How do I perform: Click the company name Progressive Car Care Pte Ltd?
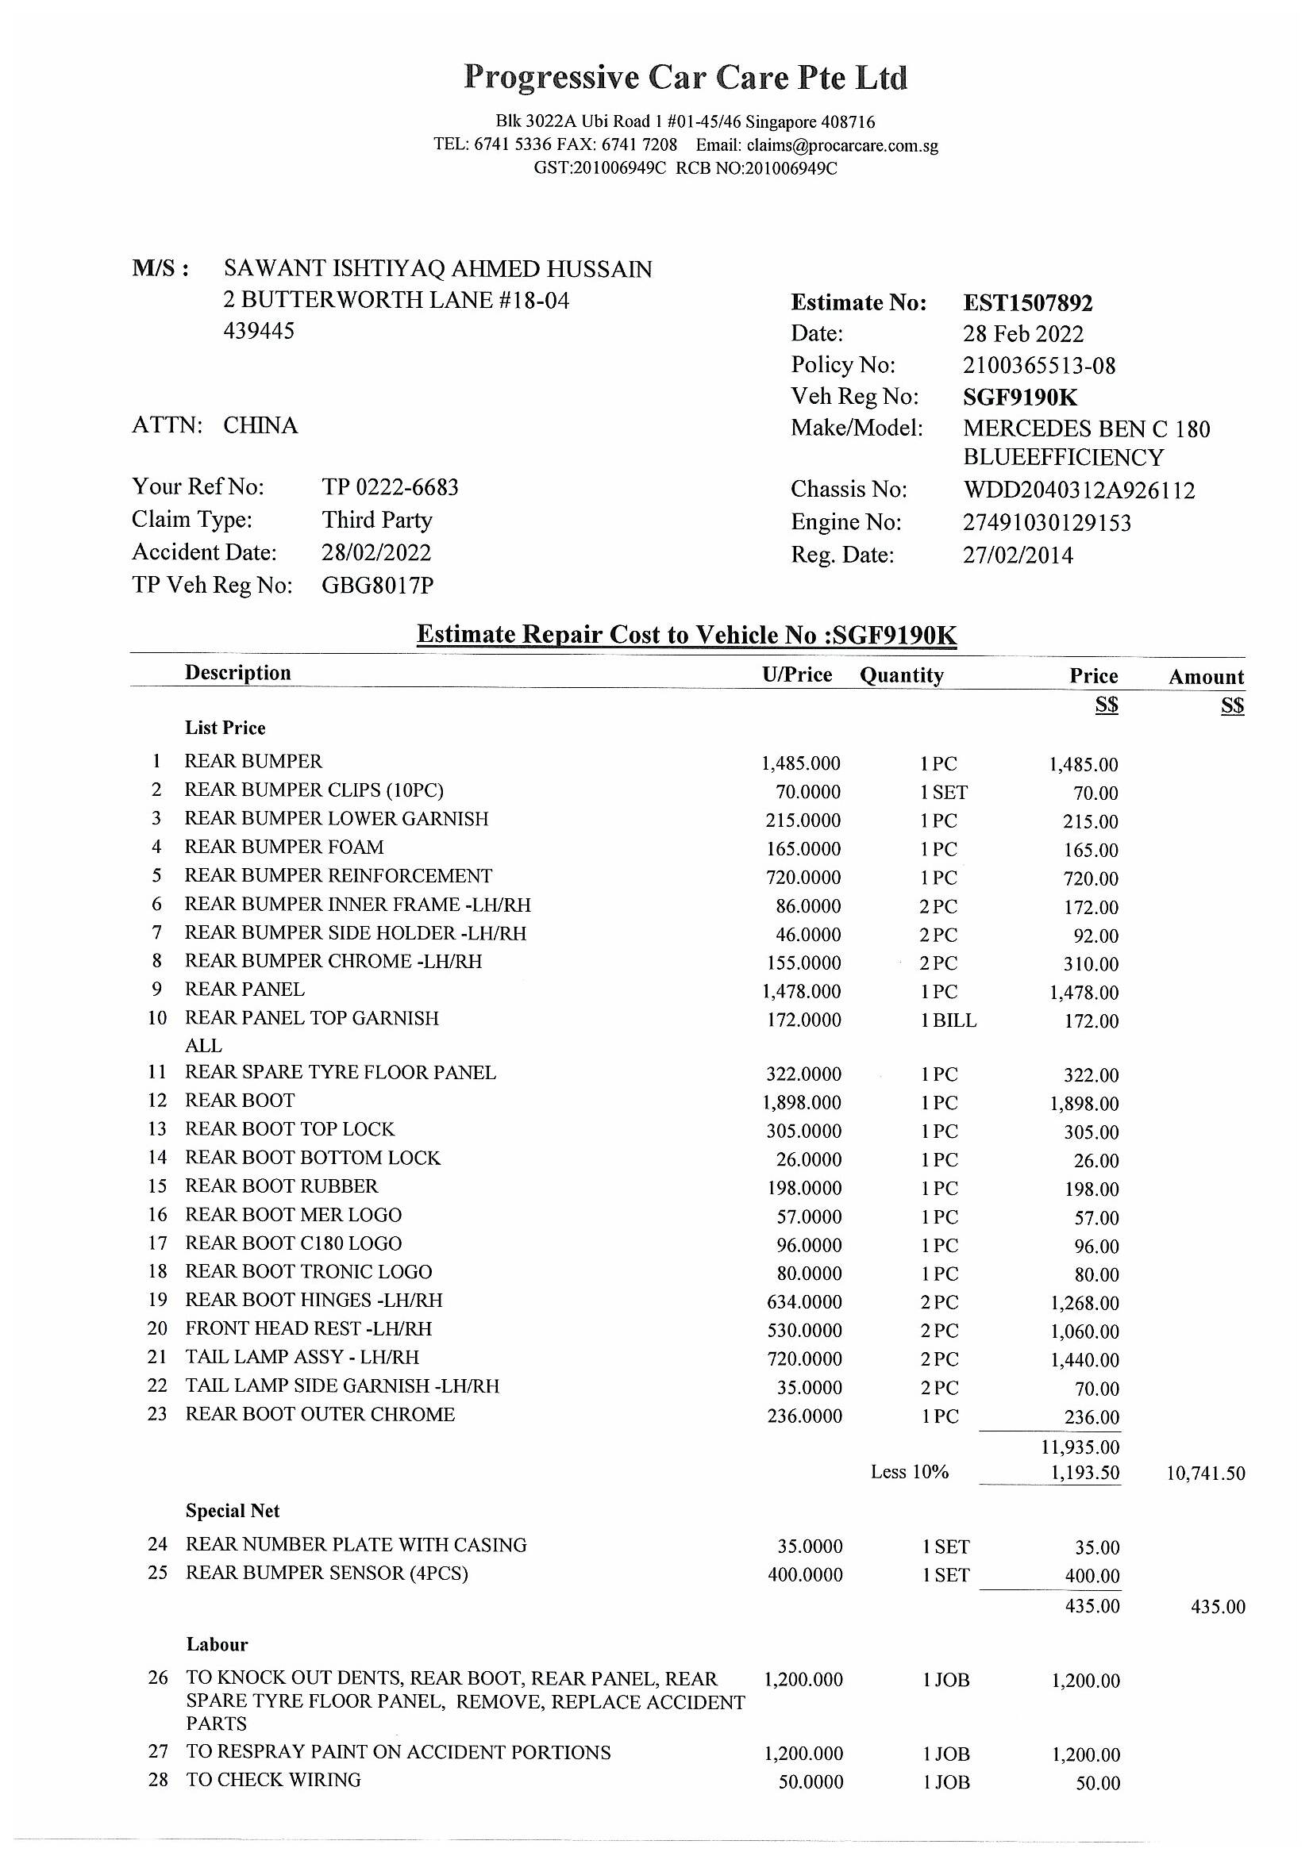click(686, 78)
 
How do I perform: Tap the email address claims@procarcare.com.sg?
click(842, 145)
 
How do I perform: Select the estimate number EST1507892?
click(1027, 303)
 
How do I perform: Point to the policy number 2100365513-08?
click(1039, 365)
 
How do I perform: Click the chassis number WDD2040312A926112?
click(1079, 490)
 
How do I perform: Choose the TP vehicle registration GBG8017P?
click(378, 585)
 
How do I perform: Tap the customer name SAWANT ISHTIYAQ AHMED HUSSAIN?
click(437, 268)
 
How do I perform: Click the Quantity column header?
click(902, 675)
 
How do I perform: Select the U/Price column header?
click(796, 674)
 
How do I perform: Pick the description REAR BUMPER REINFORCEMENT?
click(338, 875)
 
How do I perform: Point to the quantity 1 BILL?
click(949, 1020)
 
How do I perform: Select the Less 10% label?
click(909, 1472)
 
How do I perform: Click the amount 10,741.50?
click(1205, 1473)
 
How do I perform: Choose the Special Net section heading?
click(233, 1511)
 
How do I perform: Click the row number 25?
click(158, 1572)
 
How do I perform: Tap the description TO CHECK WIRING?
click(273, 1779)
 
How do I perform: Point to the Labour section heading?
click(217, 1644)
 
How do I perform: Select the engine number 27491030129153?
click(1047, 523)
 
